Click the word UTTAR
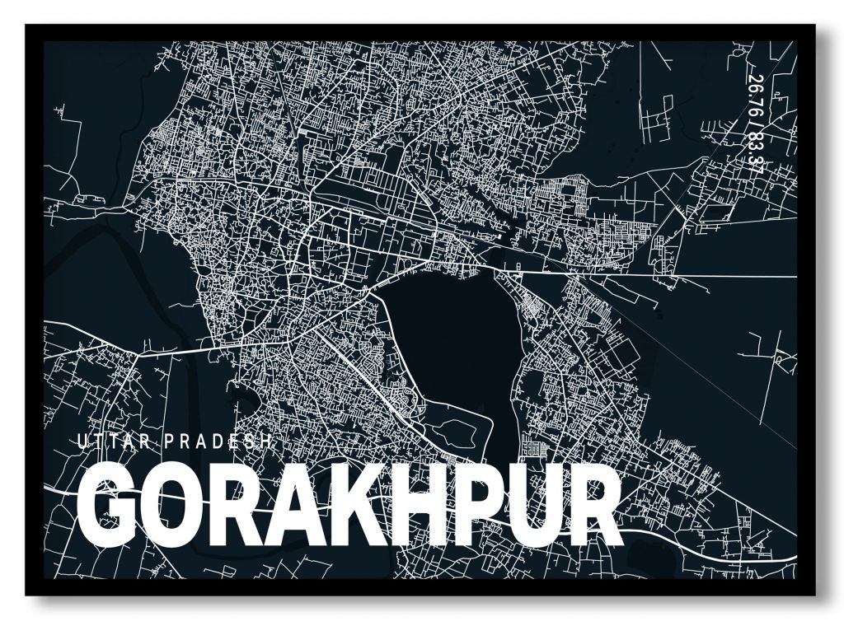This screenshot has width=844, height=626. point(111,441)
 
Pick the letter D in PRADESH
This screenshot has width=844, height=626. point(218,441)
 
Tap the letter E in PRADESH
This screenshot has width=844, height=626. point(235,441)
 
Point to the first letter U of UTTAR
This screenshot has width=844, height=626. point(81,441)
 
